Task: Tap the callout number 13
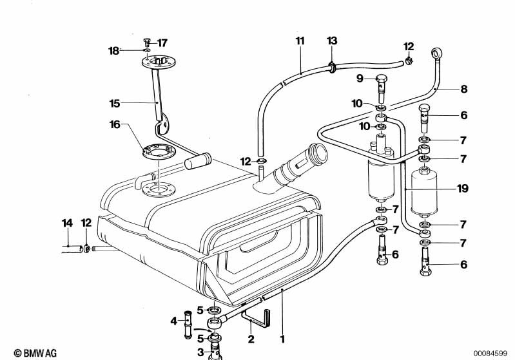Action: point(331,41)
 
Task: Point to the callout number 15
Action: point(115,102)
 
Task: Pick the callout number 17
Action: point(162,43)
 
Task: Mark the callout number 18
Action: point(114,50)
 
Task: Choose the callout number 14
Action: point(67,223)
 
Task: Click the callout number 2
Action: point(251,339)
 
